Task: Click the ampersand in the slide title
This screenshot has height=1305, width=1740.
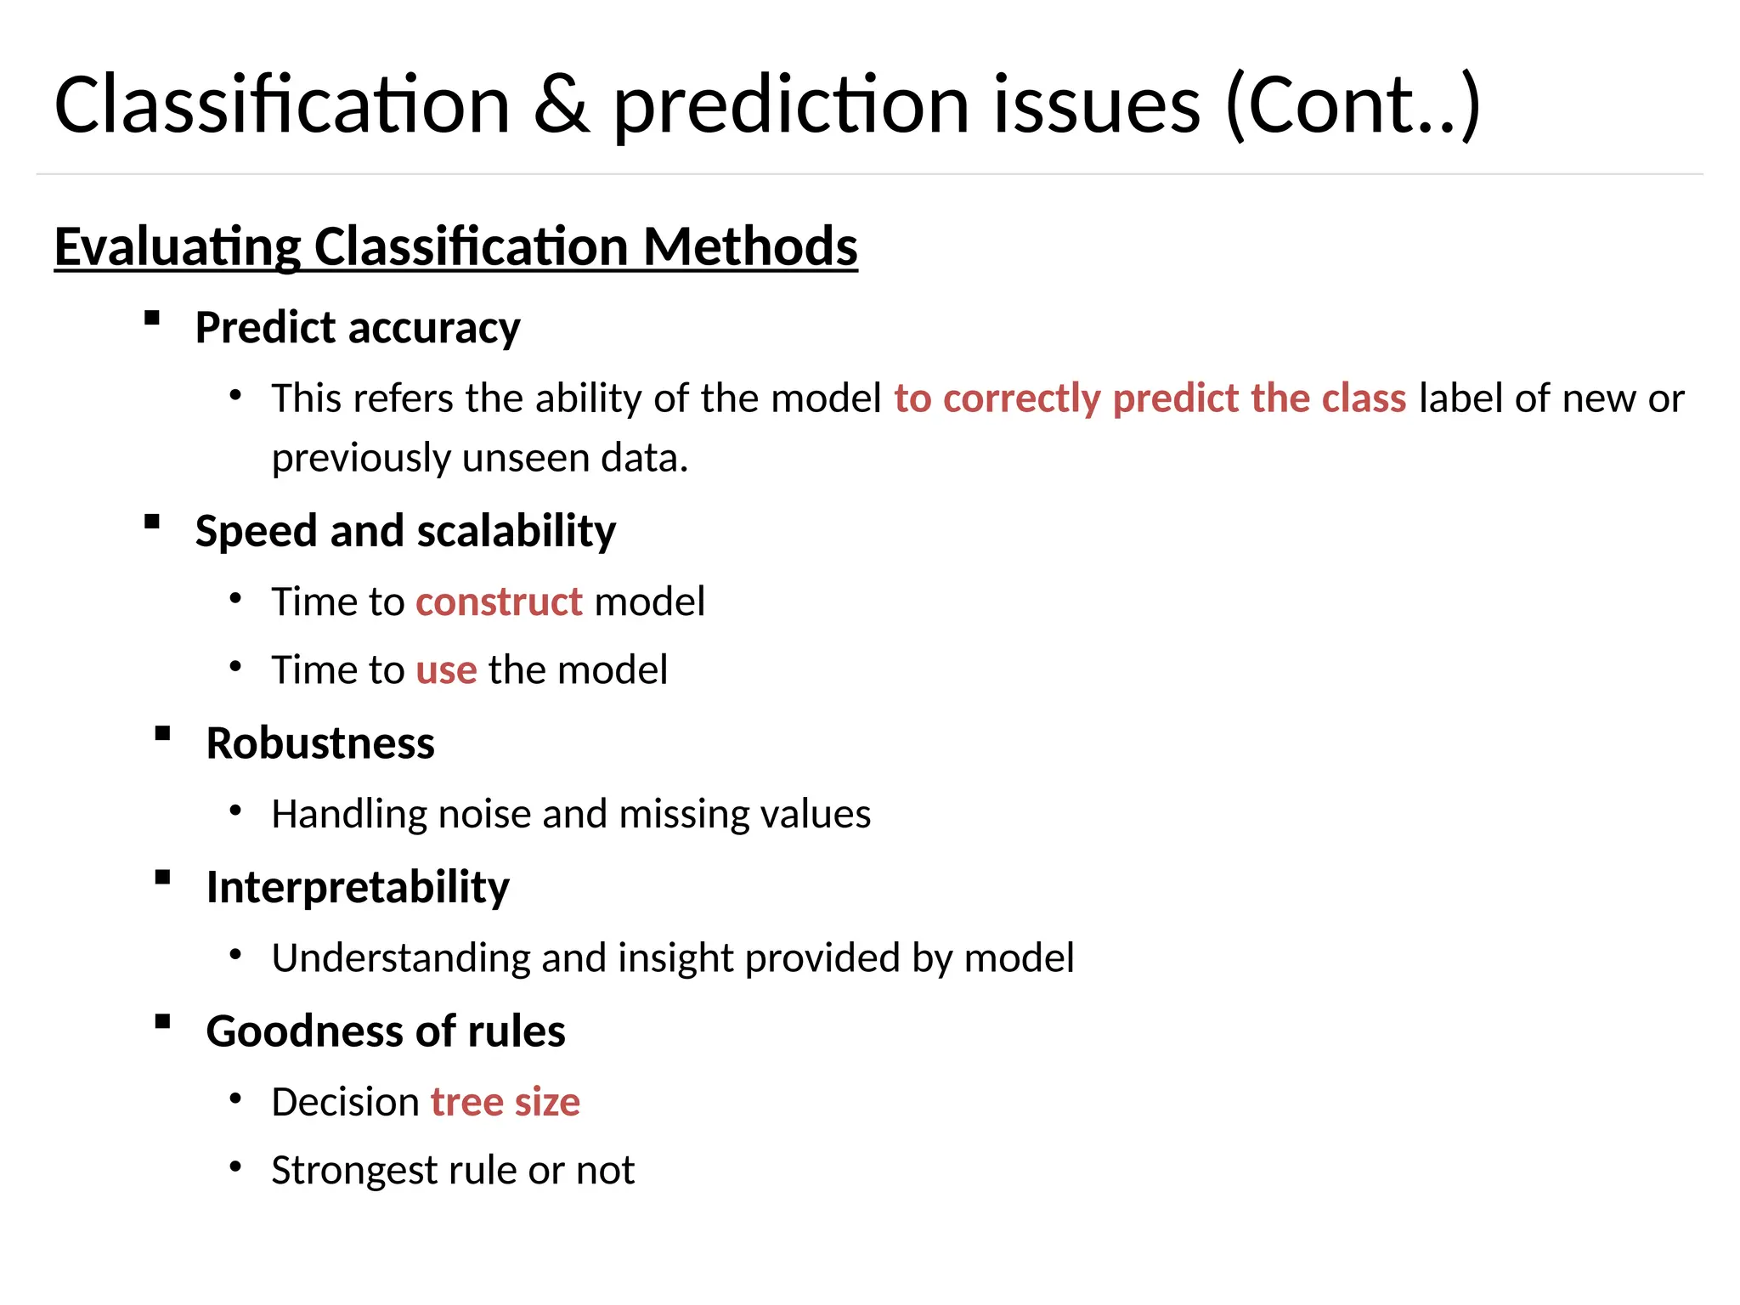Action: tap(561, 105)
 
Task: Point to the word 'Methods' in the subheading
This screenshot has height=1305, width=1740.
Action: tap(750, 247)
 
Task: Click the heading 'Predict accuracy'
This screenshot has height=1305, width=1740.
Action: tap(358, 328)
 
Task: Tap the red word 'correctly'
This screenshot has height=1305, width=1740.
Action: tap(1021, 398)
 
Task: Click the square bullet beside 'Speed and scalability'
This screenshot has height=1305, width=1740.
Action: tap(152, 522)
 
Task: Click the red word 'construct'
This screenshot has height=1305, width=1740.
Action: tap(499, 602)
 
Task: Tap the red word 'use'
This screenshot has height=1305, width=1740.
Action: tap(446, 670)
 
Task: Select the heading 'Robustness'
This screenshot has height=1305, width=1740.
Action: tap(320, 743)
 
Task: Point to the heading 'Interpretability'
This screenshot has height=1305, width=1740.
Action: tap(358, 887)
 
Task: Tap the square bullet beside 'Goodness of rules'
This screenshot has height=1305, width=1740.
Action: tap(163, 1022)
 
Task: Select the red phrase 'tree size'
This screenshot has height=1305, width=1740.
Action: tap(506, 1102)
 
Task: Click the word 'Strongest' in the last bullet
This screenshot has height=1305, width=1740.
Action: tap(353, 1171)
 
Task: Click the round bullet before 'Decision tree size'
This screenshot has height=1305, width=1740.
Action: tap(236, 1099)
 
